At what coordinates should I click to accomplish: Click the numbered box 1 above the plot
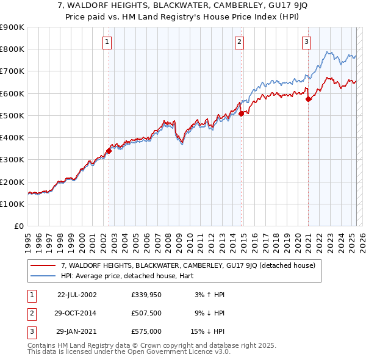[107, 42]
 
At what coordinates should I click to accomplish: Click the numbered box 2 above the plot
[239, 42]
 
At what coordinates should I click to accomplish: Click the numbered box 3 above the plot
[306, 42]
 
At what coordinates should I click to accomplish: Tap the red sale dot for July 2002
[109, 151]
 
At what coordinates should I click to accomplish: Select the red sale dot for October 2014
[242, 113]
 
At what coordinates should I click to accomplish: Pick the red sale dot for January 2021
[309, 99]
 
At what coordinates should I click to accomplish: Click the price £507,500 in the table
[146, 313]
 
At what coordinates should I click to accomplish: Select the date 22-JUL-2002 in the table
[77, 294]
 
